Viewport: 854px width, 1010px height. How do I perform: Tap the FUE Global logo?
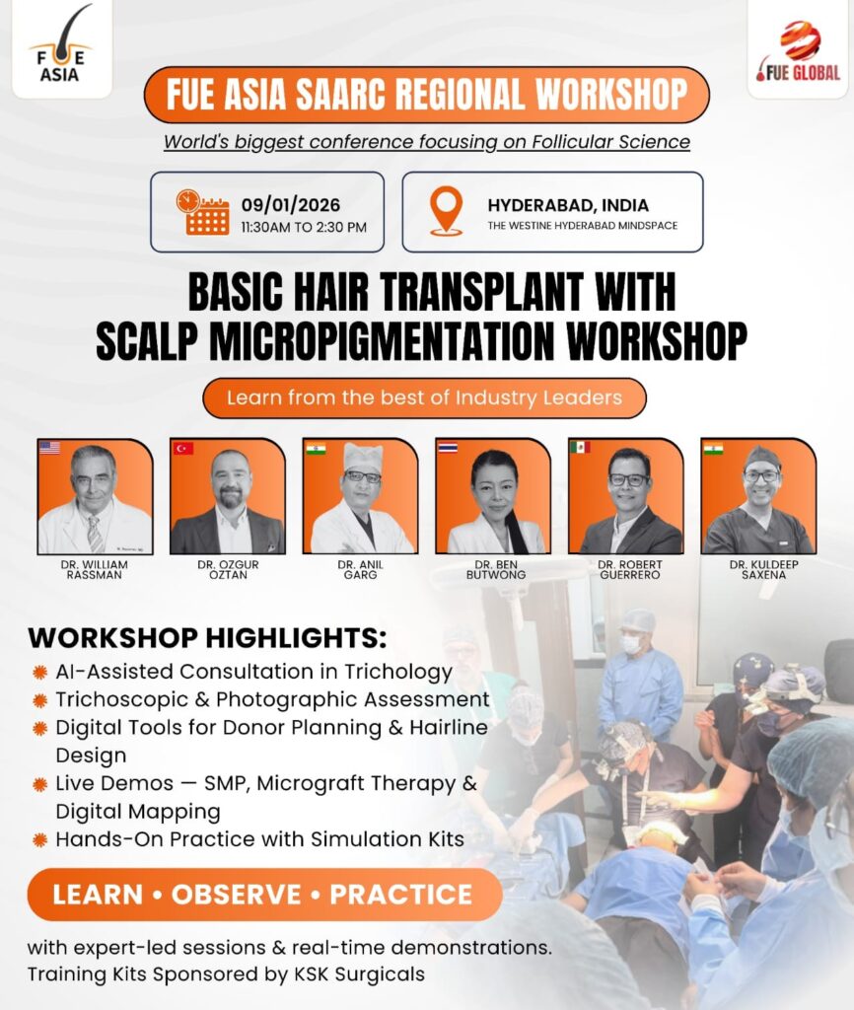click(799, 51)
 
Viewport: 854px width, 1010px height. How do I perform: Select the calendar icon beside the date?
click(202, 212)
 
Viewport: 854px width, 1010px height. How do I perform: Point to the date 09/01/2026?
click(291, 205)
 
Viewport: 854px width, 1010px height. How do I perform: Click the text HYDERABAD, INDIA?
click(568, 205)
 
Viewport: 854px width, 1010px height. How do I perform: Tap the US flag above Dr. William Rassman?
click(49, 448)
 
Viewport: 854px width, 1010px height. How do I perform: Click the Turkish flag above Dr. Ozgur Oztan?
click(182, 448)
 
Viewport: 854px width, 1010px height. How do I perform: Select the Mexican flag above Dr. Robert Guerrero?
click(580, 447)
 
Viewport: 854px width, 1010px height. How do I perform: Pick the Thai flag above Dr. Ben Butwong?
click(448, 447)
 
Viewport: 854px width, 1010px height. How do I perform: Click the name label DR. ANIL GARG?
click(360, 569)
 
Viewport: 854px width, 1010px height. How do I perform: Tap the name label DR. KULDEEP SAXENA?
click(764, 569)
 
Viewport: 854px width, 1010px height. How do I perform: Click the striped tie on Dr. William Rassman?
click(95, 534)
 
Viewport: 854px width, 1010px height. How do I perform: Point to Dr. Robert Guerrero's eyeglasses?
click(628, 480)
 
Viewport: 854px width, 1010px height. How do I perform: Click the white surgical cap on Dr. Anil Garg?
click(363, 457)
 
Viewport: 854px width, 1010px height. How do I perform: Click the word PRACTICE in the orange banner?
click(401, 895)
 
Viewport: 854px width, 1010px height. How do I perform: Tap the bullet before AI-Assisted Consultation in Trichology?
click(39, 673)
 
